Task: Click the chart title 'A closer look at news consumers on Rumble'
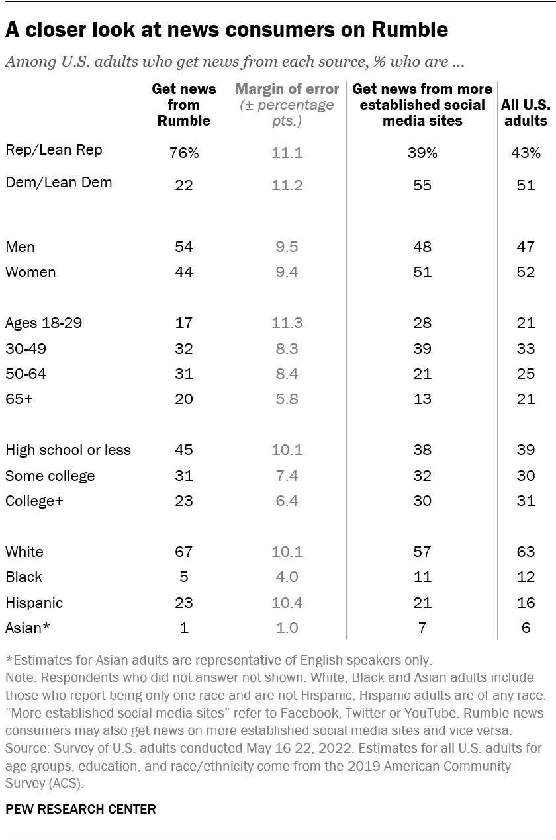(x=227, y=30)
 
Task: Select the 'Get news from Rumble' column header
(x=183, y=105)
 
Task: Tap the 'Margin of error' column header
(x=287, y=89)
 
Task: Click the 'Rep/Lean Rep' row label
(x=54, y=150)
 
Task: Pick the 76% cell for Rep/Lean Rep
(x=183, y=153)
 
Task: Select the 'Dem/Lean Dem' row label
(x=58, y=183)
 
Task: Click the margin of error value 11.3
(x=287, y=323)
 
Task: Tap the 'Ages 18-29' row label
(x=44, y=323)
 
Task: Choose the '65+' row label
(x=19, y=399)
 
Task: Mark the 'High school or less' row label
(x=68, y=450)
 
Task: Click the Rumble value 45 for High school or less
(x=183, y=450)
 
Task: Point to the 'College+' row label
(x=34, y=501)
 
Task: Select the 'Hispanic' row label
(x=34, y=603)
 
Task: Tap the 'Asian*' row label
(x=27, y=628)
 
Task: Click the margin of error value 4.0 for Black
(x=287, y=577)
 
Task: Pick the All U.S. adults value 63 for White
(x=526, y=552)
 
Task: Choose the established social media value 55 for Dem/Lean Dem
(x=422, y=186)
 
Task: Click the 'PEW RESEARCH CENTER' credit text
(x=81, y=809)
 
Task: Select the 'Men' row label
(x=20, y=247)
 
